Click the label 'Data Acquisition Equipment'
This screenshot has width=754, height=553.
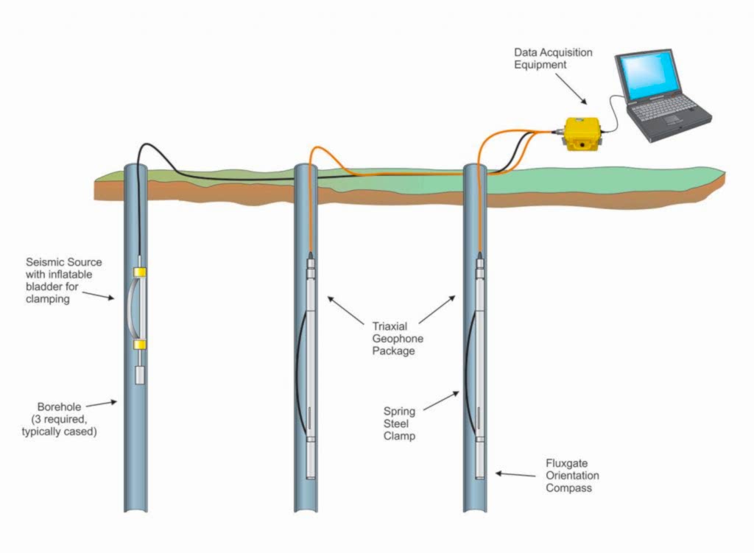pos(553,59)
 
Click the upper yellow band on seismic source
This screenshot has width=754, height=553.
pos(138,273)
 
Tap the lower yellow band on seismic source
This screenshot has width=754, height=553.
pos(138,344)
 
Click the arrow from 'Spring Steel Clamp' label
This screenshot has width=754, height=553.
pos(442,401)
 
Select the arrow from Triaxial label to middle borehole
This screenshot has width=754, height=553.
pos(346,309)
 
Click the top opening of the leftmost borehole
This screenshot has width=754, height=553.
pos(135,168)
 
